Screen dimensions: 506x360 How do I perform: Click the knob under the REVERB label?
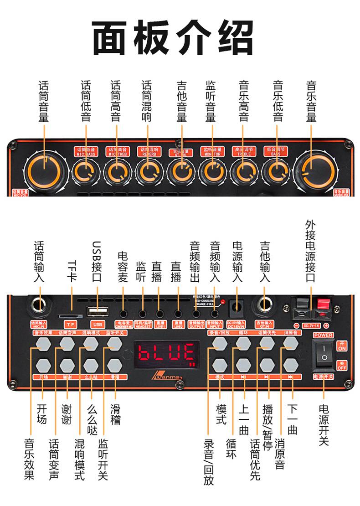tap(149, 172)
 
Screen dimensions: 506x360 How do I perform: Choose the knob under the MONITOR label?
tap(211, 172)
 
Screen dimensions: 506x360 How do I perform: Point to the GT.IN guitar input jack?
tap(265, 306)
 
